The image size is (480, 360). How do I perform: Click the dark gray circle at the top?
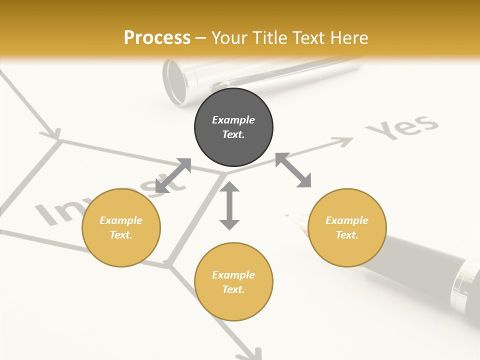click(233, 127)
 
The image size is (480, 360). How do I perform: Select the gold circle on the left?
click(121, 227)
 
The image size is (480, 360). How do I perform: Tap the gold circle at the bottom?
click(233, 281)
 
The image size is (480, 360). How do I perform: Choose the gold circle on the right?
click(347, 227)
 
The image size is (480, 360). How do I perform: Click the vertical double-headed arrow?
click(229, 205)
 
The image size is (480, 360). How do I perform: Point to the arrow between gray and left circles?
click(173, 175)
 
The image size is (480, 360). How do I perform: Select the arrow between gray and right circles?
click(293, 170)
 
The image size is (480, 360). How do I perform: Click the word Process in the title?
click(157, 38)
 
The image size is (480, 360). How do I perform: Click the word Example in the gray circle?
click(233, 120)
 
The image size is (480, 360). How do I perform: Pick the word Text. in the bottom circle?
click(233, 289)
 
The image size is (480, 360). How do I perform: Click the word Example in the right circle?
click(347, 220)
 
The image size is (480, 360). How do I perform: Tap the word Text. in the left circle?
click(121, 235)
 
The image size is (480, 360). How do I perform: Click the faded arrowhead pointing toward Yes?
click(345, 142)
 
